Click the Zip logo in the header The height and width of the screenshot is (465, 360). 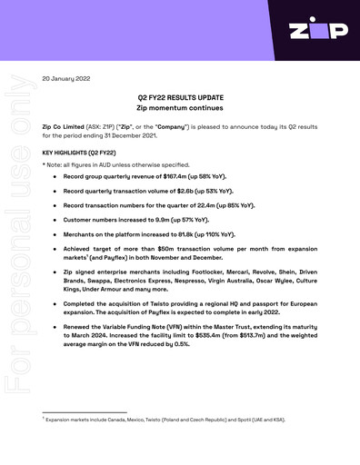(x=317, y=31)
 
